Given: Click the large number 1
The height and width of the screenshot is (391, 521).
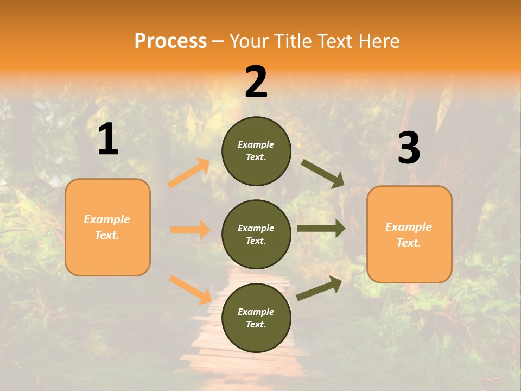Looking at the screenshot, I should click(108, 140).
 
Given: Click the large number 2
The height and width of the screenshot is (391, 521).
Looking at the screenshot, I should click(256, 82).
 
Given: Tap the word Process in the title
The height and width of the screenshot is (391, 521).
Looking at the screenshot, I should click(170, 41).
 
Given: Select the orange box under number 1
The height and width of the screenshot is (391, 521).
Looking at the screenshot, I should click(107, 227).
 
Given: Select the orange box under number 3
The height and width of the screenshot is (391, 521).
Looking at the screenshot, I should click(409, 234).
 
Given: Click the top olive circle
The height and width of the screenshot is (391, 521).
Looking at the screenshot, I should click(256, 151).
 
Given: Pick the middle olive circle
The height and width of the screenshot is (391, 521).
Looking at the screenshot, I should click(256, 234).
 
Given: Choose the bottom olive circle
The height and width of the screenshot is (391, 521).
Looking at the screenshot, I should click(256, 318).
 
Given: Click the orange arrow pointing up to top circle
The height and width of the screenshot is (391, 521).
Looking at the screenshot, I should click(189, 173).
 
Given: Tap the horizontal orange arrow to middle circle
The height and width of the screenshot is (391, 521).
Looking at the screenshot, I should click(190, 230).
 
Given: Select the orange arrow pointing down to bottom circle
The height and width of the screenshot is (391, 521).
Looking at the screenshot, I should click(190, 289).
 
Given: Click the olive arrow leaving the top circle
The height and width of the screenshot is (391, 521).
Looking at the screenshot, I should click(323, 173).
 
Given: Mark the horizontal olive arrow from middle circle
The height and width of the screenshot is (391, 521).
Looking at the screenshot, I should click(321, 229).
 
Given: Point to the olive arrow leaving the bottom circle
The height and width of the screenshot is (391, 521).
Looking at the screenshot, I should click(319, 288).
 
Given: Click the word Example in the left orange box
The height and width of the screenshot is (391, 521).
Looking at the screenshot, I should click(107, 219).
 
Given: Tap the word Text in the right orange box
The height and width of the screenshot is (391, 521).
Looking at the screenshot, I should click(408, 243).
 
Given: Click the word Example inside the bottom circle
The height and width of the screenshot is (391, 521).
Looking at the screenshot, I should click(256, 312).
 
